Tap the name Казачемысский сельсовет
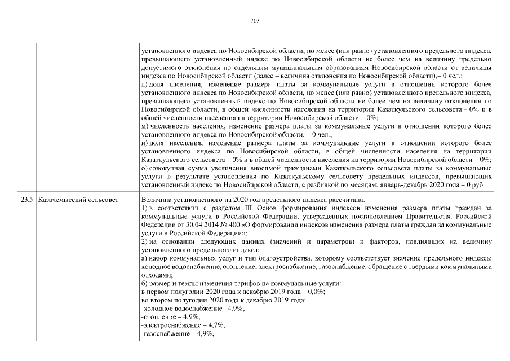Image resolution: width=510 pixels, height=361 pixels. click(x=71, y=199)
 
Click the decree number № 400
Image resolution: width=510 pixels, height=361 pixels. click(x=211, y=224)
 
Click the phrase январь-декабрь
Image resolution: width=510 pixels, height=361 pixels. click(x=411, y=185)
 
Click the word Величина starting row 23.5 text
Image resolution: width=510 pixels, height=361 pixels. click(x=156, y=199)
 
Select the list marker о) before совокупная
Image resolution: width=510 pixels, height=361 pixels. click(x=144, y=168)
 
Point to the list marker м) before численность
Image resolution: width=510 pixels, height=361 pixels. click(x=145, y=127)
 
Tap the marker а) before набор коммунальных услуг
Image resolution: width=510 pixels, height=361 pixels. click(x=144, y=258)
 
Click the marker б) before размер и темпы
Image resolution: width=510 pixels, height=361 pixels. click(x=144, y=283)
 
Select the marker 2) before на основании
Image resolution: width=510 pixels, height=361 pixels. click(x=144, y=241)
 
